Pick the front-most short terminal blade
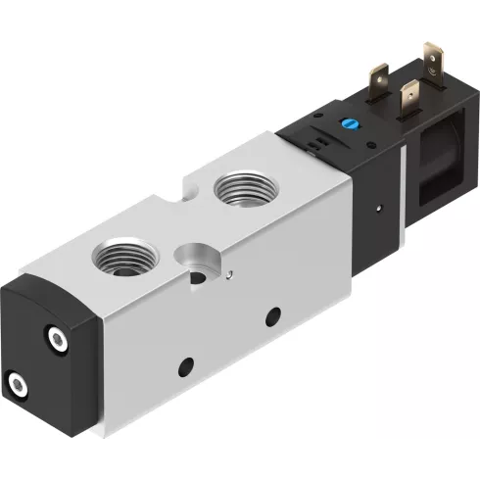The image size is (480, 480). pos(410,101)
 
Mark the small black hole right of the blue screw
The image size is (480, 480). pos(367,131)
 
